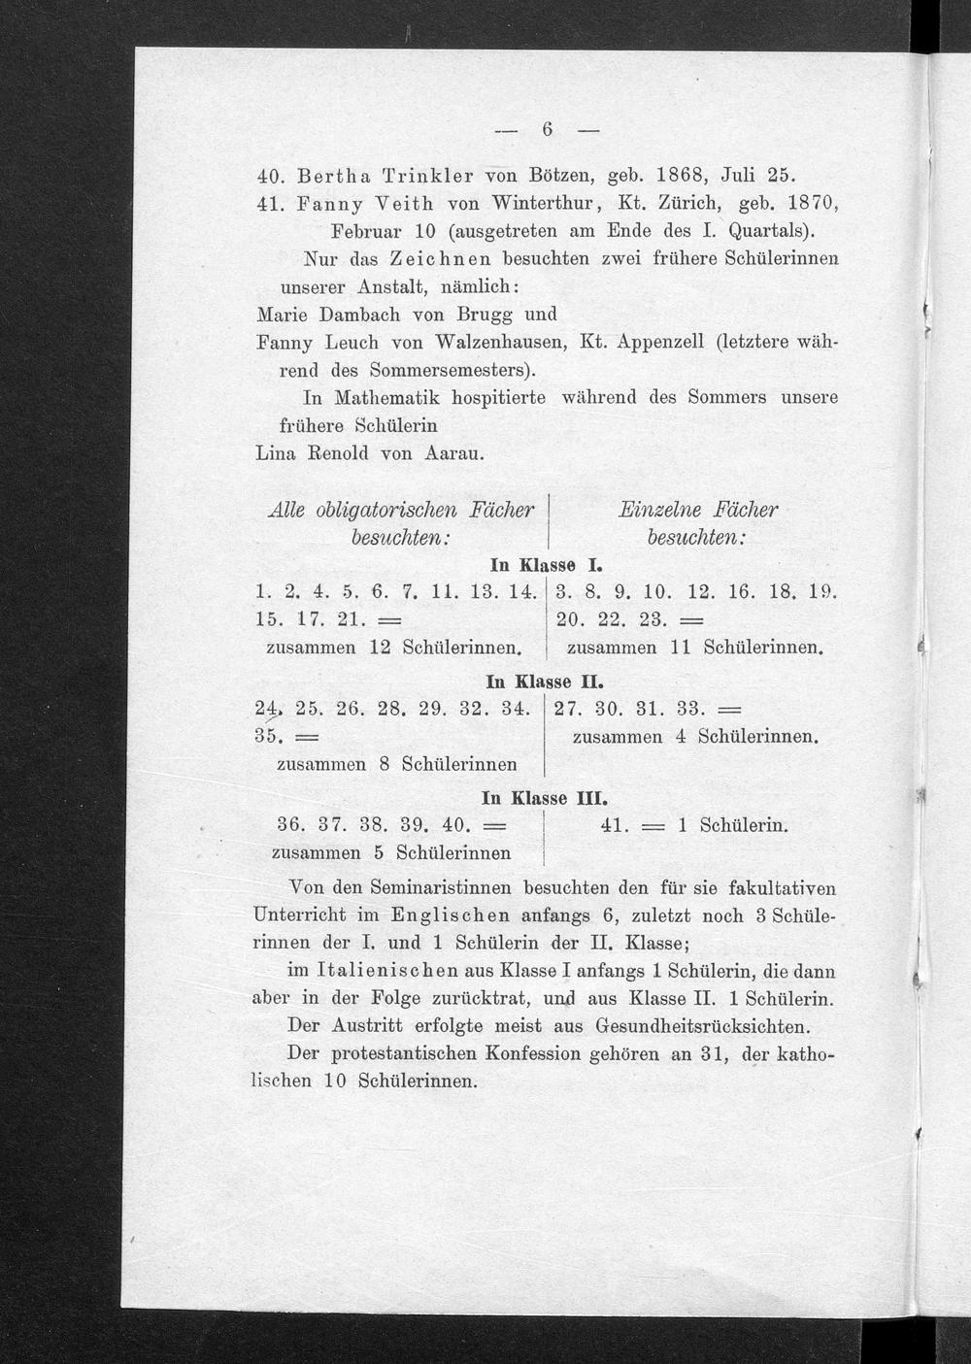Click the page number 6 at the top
click(547, 129)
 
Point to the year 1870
click(808, 206)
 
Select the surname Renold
click(337, 453)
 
